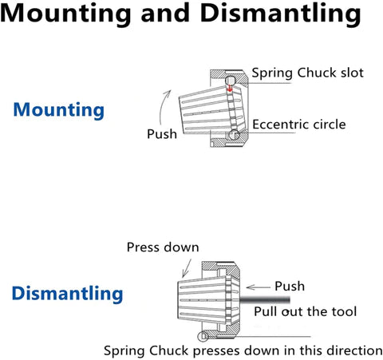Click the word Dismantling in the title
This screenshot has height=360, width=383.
point(281,14)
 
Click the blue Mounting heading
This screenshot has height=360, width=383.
point(59,110)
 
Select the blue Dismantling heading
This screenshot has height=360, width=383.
point(68,294)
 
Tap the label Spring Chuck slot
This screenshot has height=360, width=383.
point(308,73)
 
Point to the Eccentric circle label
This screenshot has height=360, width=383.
point(299,125)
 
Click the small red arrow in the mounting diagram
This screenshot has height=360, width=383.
point(230,88)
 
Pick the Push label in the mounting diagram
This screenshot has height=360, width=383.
point(162,134)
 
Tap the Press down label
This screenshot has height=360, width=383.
point(163,247)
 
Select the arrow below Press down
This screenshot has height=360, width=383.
point(187,268)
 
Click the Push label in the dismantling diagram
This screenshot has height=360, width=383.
point(290,287)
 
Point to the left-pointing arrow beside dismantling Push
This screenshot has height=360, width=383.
point(258,287)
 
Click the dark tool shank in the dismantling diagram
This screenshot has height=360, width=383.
point(265,300)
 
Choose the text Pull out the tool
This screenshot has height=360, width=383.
point(306,311)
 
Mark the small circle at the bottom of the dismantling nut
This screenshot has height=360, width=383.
point(203,337)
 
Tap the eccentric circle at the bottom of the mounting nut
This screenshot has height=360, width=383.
point(234,135)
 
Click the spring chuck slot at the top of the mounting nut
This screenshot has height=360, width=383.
point(231,80)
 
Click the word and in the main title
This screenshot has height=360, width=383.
point(165,14)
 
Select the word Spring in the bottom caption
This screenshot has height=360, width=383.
point(124,351)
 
